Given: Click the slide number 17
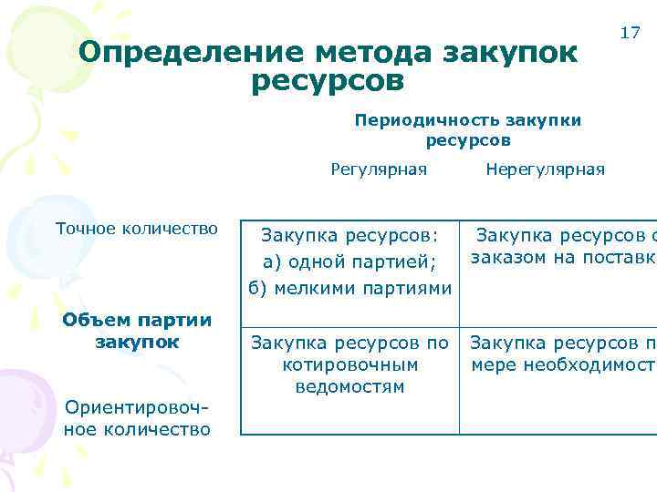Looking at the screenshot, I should (630, 33).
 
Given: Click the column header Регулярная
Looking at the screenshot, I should (378, 169).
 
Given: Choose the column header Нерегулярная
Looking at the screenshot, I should (545, 169).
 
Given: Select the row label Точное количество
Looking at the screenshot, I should (137, 228).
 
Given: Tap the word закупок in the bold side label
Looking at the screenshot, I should (137, 342).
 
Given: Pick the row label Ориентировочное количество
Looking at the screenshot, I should (137, 418).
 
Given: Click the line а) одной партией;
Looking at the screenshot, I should (349, 262).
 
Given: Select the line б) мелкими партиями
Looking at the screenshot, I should (349, 289).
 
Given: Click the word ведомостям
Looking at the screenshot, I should (349, 386).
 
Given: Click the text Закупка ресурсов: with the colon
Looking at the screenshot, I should (349, 236).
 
